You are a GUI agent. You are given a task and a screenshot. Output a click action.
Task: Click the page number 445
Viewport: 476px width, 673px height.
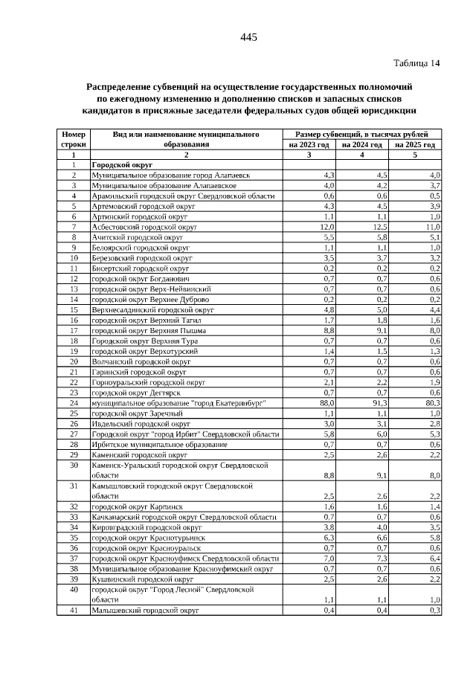point(248,38)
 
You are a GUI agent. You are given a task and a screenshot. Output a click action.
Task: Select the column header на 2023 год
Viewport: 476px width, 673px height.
point(309,145)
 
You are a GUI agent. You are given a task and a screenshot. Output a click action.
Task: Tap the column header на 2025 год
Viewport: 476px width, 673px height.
point(414,145)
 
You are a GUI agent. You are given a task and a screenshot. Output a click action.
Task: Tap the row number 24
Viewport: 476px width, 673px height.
point(74,402)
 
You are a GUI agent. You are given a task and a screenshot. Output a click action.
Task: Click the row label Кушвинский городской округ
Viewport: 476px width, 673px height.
point(138,579)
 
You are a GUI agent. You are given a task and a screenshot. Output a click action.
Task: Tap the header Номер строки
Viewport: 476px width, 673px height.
point(74,139)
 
